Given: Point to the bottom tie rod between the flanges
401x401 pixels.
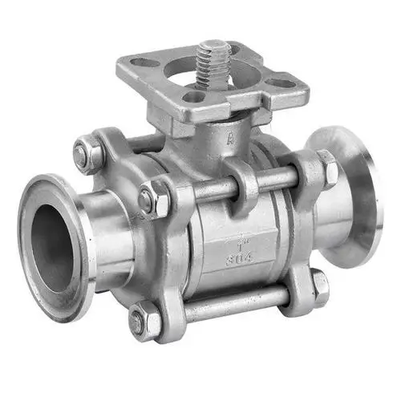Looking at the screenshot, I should point(233,303).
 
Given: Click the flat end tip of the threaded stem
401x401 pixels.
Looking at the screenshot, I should point(213,43).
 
